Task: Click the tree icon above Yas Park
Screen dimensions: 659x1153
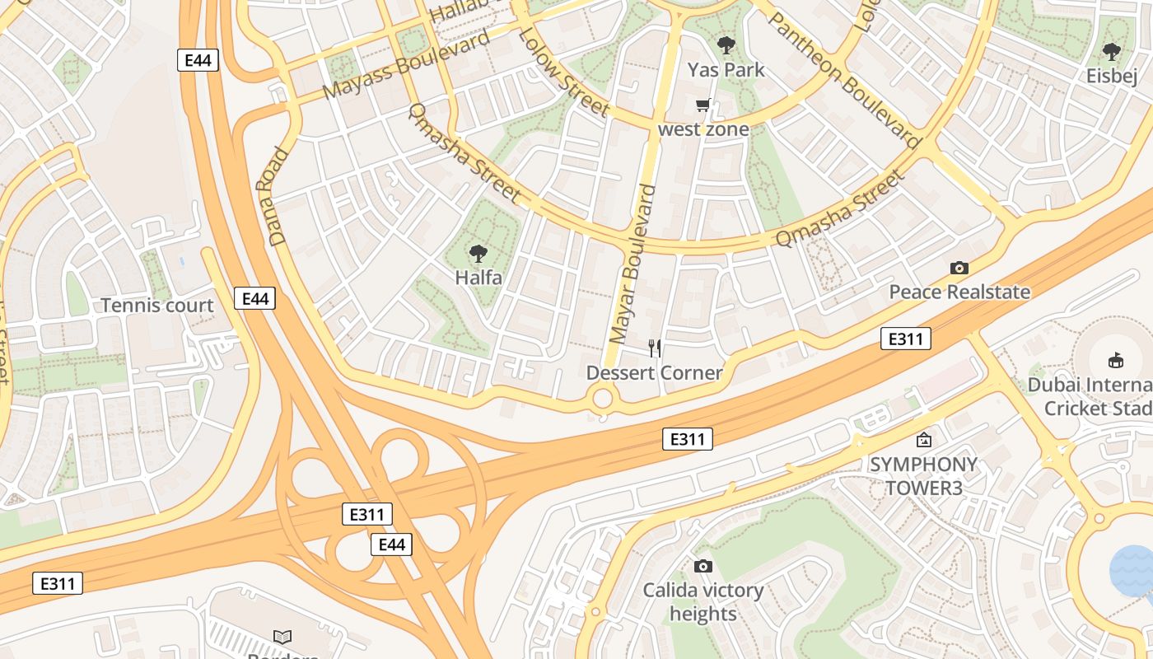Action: [726, 45]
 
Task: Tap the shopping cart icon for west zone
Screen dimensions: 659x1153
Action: [703, 105]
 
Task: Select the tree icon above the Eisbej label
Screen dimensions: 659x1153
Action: [1111, 52]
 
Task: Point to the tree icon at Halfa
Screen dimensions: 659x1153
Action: [478, 253]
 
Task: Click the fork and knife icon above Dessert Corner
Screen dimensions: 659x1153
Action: [655, 348]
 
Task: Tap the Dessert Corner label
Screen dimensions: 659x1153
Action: [654, 373]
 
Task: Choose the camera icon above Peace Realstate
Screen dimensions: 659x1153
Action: [959, 268]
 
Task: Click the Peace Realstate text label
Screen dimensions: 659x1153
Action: [959, 292]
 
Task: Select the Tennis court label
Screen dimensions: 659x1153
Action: [157, 306]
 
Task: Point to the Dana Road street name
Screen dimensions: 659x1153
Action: [279, 197]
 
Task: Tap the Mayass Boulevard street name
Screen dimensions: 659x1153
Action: [406, 64]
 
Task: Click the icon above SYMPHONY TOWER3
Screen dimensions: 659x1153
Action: [924, 440]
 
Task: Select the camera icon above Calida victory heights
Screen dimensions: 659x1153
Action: [703, 566]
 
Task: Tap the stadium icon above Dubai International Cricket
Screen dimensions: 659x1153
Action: [1116, 360]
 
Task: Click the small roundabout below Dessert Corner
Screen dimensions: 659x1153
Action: [603, 399]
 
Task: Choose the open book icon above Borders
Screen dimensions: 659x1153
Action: [282, 637]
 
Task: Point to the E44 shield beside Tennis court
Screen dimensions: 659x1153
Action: [255, 298]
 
